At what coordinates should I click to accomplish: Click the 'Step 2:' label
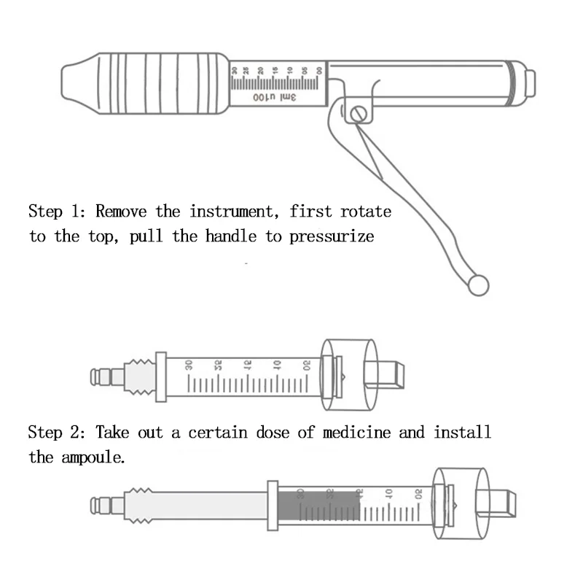[x=57, y=433]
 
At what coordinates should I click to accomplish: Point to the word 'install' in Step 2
[x=463, y=433]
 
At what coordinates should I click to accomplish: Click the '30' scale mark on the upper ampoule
[x=189, y=365]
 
